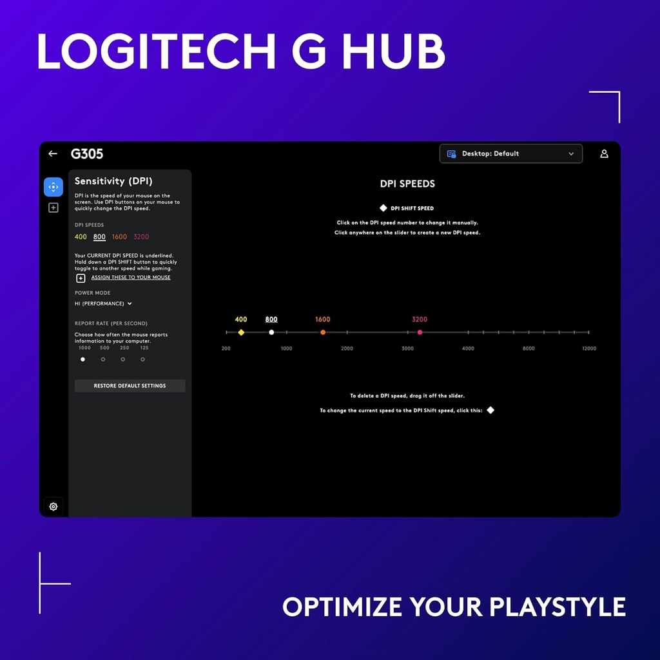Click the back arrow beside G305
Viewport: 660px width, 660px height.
coord(53,154)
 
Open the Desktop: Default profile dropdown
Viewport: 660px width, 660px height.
coord(510,154)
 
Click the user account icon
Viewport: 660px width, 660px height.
coord(604,154)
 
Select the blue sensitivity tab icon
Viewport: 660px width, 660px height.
coord(53,187)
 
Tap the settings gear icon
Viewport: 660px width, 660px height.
coord(53,507)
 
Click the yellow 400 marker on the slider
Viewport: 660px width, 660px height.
coord(241,333)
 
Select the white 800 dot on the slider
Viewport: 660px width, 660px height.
coord(271,333)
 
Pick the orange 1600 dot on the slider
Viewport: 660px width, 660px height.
coord(323,333)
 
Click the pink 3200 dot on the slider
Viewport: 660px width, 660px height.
coord(420,333)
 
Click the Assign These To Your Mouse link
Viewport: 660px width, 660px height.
coord(131,278)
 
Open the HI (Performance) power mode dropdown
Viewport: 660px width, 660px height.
coord(103,304)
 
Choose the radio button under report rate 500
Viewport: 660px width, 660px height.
coord(103,360)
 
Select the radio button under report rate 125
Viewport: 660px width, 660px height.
coord(143,360)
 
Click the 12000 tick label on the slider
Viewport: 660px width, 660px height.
coord(588,349)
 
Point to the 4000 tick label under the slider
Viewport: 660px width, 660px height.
coord(468,349)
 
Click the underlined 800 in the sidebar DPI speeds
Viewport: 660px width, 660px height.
coord(99,237)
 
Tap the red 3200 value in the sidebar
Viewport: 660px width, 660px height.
coord(141,237)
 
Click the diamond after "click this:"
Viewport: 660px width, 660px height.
coord(490,410)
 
